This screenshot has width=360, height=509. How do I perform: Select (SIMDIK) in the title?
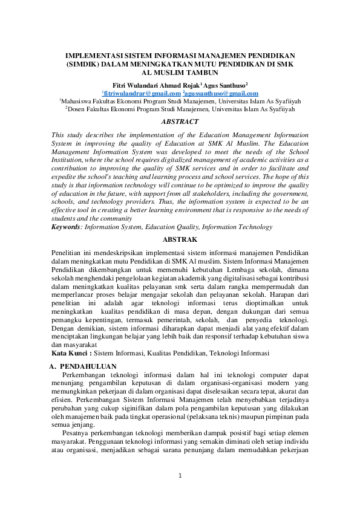pyautogui.click(x=85, y=63)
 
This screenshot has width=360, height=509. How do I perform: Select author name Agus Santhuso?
pyautogui.click(x=219, y=85)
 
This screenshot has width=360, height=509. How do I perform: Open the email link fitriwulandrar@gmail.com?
pyautogui.click(x=142, y=94)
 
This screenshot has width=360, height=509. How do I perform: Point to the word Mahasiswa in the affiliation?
pyautogui.click(x=80, y=102)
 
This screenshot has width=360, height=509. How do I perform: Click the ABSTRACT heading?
pyautogui.click(x=180, y=122)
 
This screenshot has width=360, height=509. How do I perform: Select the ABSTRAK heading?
pyautogui.click(x=180, y=239)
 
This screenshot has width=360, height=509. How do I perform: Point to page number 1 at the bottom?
pyautogui.click(x=180, y=476)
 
